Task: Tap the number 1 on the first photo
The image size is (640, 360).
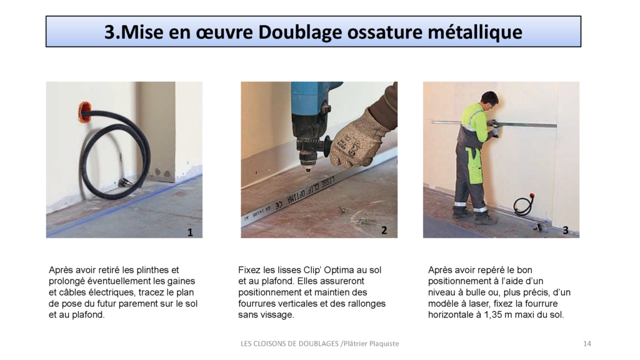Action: click(190, 232)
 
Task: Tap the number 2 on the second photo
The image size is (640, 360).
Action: click(384, 231)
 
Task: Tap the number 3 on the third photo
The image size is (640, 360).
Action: click(565, 231)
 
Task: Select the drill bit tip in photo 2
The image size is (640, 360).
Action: click(307, 182)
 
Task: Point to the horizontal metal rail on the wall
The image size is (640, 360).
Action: click(525, 124)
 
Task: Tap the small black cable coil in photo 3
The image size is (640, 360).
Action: click(523, 206)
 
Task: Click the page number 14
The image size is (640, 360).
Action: click(586, 344)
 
